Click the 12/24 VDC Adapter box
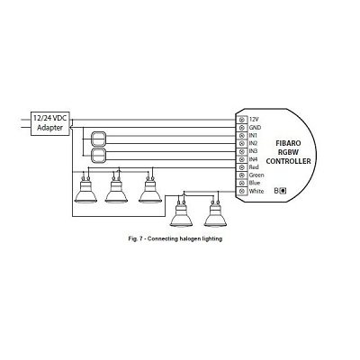click(x=50, y=123)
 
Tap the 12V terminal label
click(x=254, y=120)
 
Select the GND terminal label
click(x=255, y=128)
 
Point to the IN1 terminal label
click(x=253, y=136)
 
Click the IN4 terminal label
click(x=253, y=159)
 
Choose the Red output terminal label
click(x=254, y=167)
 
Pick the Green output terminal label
click(x=256, y=175)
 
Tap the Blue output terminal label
click(x=255, y=183)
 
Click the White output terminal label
click(x=256, y=191)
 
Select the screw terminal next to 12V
click(x=242, y=120)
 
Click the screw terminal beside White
click(x=242, y=191)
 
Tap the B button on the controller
click(x=282, y=191)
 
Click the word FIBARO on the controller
click(x=288, y=143)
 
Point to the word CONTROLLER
click(x=288, y=161)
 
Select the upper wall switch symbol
click(x=98, y=139)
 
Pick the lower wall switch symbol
click(x=98, y=156)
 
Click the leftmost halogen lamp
click(x=85, y=190)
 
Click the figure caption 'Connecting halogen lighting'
click(x=184, y=239)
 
